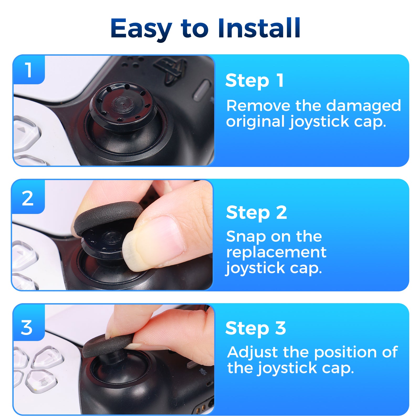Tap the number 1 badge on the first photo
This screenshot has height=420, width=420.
click(28, 70)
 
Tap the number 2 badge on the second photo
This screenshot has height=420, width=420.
click(28, 198)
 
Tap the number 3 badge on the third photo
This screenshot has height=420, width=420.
click(27, 328)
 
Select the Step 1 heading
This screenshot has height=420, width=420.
click(254, 80)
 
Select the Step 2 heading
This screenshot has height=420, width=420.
click(256, 212)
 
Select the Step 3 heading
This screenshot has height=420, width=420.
click(255, 328)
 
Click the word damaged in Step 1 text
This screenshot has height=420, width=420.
click(363, 106)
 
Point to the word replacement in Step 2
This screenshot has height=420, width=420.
click(276, 253)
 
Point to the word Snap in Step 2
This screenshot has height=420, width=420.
click(246, 237)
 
